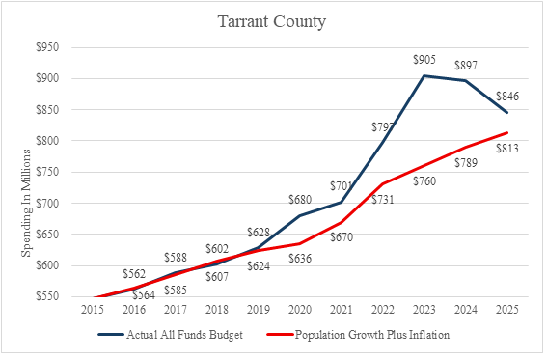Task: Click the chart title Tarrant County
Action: point(272,21)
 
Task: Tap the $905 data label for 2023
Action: point(424,60)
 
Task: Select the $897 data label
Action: point(466,66)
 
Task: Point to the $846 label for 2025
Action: point(507,97)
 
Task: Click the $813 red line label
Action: point(507,149)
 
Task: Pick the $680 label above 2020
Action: point(300,200)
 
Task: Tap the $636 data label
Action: point(300,259)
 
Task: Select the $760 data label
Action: point(424,181)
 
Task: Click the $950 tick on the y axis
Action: point(47,47)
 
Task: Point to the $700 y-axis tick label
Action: point(47,203)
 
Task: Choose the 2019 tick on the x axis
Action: point(259,310)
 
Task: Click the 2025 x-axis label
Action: point(507,310)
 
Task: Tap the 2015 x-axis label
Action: point(93,310)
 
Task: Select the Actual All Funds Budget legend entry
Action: point(170,335)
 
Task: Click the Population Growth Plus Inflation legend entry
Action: point(358,335)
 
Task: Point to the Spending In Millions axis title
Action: point(26,203)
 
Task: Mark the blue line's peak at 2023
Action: point(424,75)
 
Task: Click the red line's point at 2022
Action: point(383,183)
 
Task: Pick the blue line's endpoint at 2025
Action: point(507,113)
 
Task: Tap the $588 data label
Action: point(176,258)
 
